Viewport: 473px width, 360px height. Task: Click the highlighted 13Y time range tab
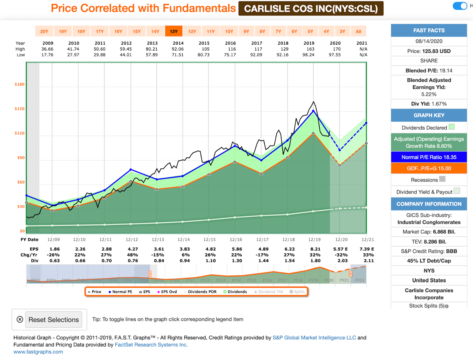(174, 31)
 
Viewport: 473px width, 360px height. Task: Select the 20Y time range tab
(44, 31)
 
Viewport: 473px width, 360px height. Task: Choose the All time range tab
(358, 31)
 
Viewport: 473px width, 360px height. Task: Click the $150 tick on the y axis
(20, 109)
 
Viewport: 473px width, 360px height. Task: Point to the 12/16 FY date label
(236, 240)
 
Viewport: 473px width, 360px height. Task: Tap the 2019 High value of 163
(309, 49)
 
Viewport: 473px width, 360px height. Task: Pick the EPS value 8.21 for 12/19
(315, 249)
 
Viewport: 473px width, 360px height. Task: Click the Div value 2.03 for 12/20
(342, 261)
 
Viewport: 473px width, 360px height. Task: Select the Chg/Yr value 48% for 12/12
(132, 255)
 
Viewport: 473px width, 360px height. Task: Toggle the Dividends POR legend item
(200, 292)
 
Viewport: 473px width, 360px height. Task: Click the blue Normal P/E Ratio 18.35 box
(429, 157)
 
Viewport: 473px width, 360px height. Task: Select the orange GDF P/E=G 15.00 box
(429, 168)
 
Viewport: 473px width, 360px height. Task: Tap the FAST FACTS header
(429, 31)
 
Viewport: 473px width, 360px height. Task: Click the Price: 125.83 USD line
(429, 51)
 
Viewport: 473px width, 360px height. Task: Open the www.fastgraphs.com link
(38, 352)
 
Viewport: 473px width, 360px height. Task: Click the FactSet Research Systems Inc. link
(151, 345)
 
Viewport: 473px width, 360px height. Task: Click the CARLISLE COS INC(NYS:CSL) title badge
(311, 8)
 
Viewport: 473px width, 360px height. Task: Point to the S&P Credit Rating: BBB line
(429, 251)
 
